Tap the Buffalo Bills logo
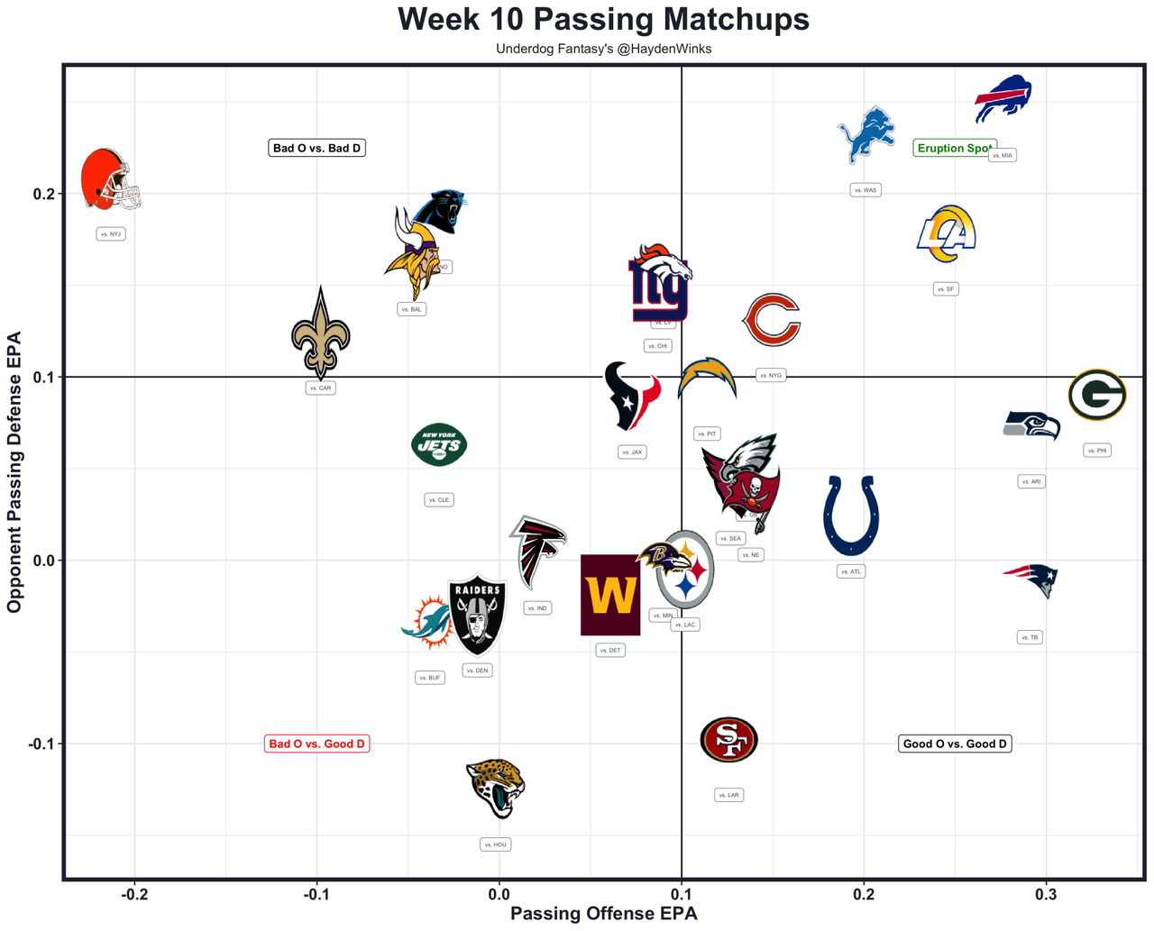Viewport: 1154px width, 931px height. pyautogui.click(x=1003, y=98)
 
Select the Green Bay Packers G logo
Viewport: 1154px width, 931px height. pyautogui.click(x=1096, y=395)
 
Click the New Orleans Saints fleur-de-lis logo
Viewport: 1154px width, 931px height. pyautogui.click(x=320, y=334)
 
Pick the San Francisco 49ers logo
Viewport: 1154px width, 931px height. pyautogui.click(x=728, y=740)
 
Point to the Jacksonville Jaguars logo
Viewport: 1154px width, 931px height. pyautogui.click(x=496, y=787)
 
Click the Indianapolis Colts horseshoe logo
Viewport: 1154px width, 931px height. pyautogui.click(x=851, y=516)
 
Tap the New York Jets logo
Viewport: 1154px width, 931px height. pyautogui.click(x=439, y=444)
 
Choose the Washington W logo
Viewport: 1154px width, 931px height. pyautogui.click(x=610, y=595)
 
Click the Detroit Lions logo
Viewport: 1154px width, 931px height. pyautogui.click(x=866, y=134)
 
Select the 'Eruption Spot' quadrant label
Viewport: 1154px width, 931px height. pyautogui.click(x=954, y=148)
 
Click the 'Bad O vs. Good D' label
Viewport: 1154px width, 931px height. pyautogui.click(x=317, y=744)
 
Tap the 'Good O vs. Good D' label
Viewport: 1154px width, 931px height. pyautogui.click(x=955, y=744)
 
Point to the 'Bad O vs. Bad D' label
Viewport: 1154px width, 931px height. pyautogui.click(x=317, y=148)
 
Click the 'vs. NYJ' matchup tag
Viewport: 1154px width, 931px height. pyautogui.click(x=111, y=234)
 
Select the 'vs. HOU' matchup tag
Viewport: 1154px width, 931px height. pyautogui.click(x=496, y=844)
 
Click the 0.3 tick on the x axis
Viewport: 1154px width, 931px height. pyautogui.click(x=1046, y=894)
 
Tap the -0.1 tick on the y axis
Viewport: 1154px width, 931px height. pyautogui.click(x=41, y=744)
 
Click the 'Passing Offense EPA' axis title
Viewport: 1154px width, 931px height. pyautogui.click(x=603, y=914)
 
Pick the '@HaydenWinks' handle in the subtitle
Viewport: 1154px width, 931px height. pyautogui.click(x=664, y=49)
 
